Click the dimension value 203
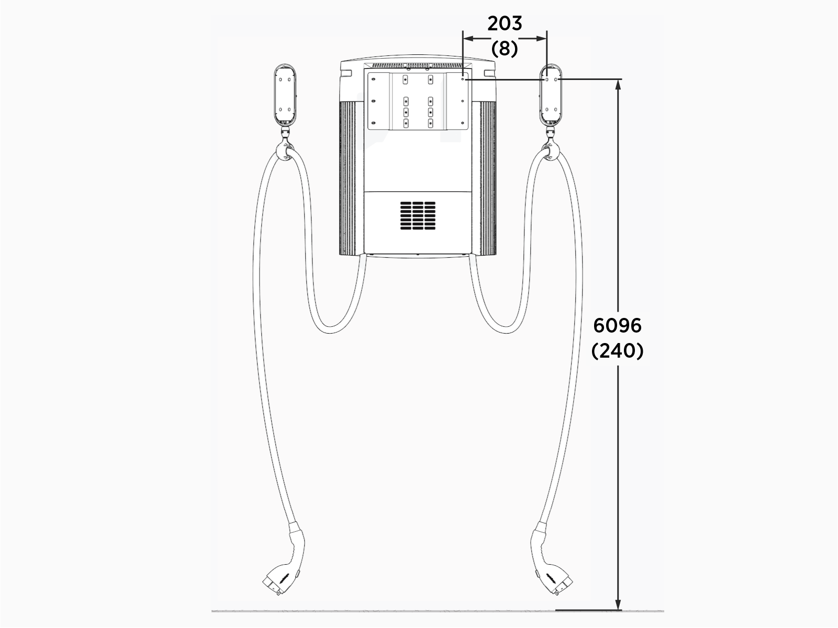(505, 24)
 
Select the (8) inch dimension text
(505, 49)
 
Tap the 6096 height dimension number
(617, 326)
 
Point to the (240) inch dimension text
(617, 351)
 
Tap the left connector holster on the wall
(285, 95)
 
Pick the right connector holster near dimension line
(552, 95)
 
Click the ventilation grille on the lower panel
(418, 215)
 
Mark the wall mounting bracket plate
(418, 101)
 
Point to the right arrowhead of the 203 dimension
(542, 38)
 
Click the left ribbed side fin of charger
(348, 178)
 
